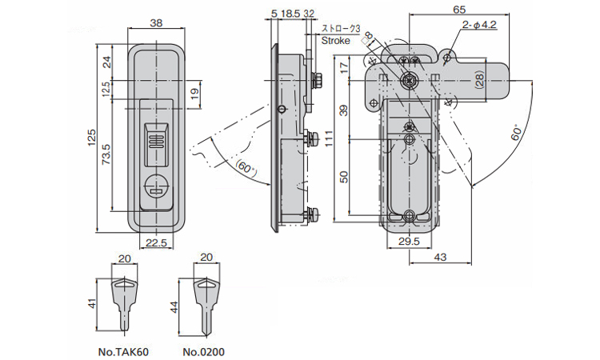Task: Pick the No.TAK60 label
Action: [123, 351]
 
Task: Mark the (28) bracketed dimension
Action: [478, 80]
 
